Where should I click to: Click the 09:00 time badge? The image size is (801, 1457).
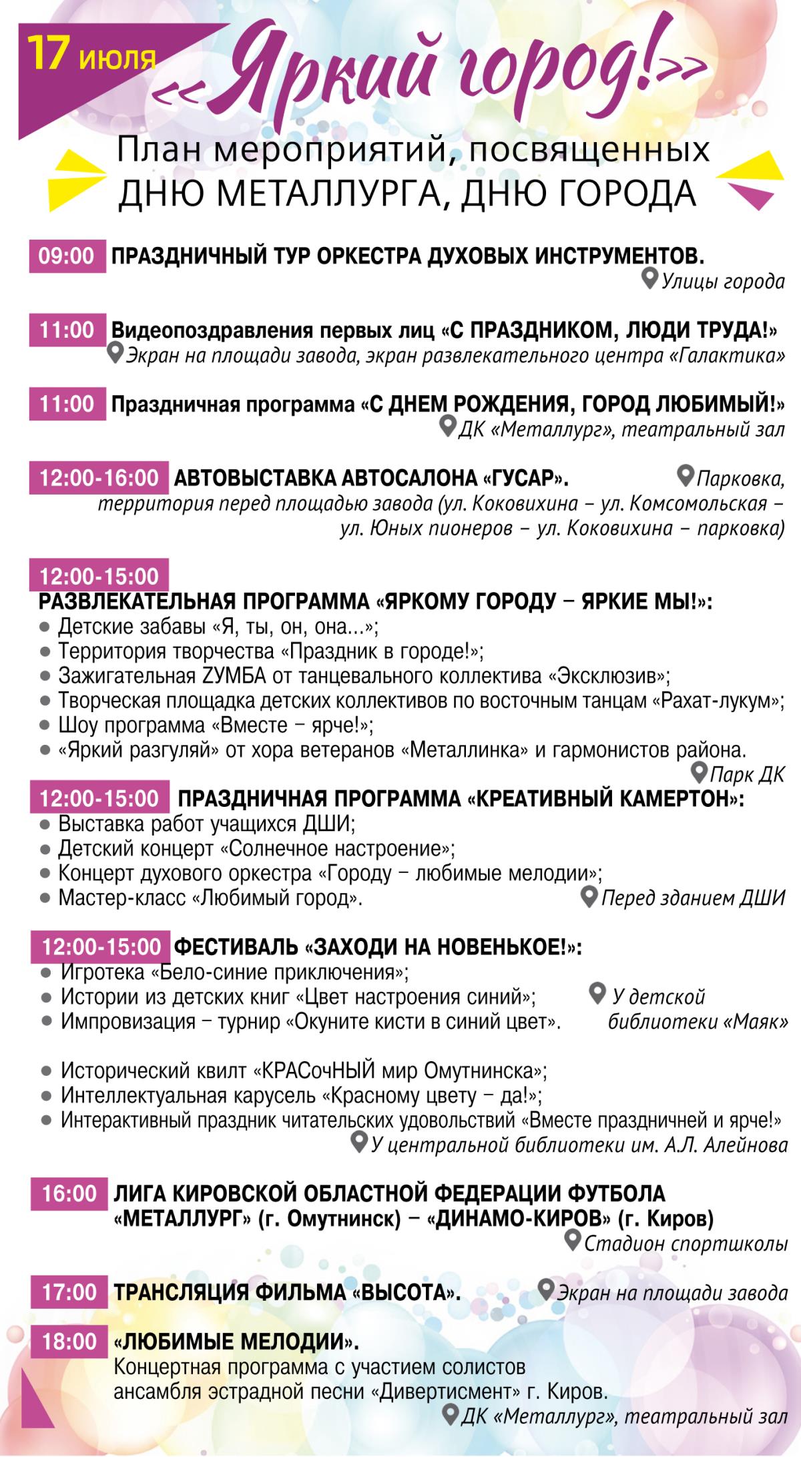tap(67, 256)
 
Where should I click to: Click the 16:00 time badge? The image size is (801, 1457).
tap(68, 1193)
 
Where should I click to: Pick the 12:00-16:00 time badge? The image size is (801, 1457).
tap(99, 478)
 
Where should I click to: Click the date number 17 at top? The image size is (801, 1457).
tap(50, 55)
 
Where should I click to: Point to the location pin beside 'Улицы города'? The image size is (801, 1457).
tap(649, 279)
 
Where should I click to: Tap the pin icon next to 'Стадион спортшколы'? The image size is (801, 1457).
tap(571, 1241)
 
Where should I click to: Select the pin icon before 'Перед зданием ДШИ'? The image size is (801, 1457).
tap(589, 896)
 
